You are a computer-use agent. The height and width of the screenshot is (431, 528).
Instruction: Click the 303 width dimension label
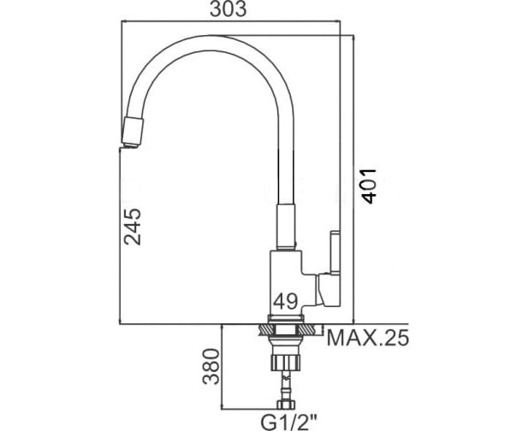point(228,9)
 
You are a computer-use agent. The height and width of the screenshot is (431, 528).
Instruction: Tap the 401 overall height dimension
point(368,186)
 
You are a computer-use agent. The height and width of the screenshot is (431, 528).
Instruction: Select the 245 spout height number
point(133,227)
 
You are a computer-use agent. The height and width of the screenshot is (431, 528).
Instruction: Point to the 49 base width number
point(286,301)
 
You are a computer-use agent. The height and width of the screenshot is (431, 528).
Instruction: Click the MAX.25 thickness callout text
point(368,338)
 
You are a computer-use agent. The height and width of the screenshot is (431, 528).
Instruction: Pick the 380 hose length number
point(211,366)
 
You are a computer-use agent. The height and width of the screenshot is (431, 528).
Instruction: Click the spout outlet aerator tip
point(133,133)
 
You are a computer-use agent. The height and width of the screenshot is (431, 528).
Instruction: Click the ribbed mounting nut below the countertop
point(285,363)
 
